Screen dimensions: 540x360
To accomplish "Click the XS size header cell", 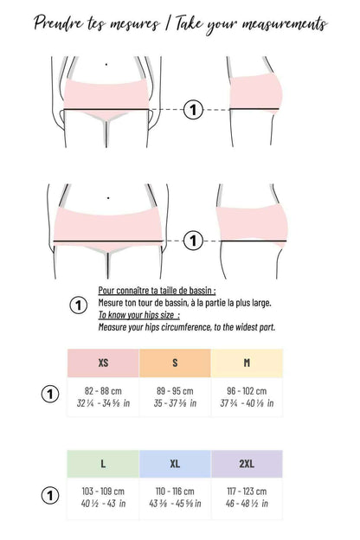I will [x=103, y=363].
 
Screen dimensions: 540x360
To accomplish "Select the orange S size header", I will [x=175, y=363].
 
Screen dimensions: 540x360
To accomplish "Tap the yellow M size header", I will [x=247, y=363].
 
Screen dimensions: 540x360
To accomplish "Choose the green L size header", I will [x=103, y=464].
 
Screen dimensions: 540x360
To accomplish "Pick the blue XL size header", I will [x=175, y=464].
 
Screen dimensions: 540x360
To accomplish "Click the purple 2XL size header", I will [x=247, y=464].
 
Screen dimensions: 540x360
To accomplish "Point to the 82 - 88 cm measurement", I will [x=103, y=390].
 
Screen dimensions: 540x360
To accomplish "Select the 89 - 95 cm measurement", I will [x=175, y=390].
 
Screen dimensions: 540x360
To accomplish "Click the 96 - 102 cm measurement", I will [x=247, y=390].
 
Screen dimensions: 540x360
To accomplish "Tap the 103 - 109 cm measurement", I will [x=103, y=491].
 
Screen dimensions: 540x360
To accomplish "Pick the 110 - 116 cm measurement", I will [x=175, y=491].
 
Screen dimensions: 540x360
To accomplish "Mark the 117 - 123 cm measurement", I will [x=247, y=491].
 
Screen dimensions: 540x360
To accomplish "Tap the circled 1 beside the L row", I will [x=50, y=496].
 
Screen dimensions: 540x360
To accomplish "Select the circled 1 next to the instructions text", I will [x=78, y=305].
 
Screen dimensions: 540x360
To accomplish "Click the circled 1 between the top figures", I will [x=193, y=110].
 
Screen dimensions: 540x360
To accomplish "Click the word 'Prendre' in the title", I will [x=61, y=23].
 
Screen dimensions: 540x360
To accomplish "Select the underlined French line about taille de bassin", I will [x=157, y=292].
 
